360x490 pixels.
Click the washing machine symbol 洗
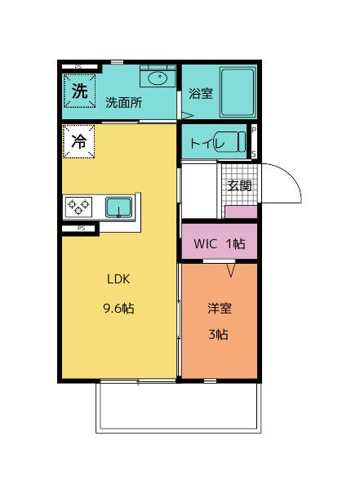[79, 91]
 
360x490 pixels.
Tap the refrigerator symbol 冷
[79, 140]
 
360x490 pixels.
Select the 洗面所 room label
[123, 103]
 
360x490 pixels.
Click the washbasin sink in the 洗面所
[157, 79]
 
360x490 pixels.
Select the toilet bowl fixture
[232, 141]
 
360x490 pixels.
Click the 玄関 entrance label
[239, 185]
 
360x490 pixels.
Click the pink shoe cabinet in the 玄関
[240, 212]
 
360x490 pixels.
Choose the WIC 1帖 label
[219, 243]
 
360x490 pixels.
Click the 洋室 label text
[219, 308]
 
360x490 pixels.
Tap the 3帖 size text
[218, 334]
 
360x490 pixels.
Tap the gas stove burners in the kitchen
[80, 206]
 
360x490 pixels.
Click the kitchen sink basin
[119, 207]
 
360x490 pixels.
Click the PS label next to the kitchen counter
[81, 229]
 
